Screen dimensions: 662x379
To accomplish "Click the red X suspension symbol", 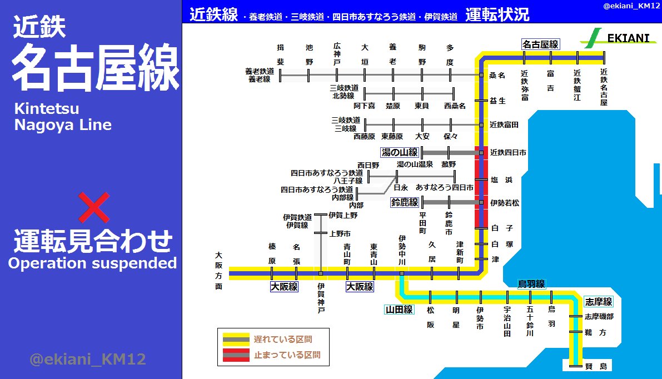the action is (x=93, y=207).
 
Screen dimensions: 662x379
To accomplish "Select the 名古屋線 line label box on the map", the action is (x=540, y=44).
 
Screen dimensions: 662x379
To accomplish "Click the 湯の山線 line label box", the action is (x=399, y=152).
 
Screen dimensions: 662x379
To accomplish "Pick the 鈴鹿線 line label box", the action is (x=405, y=203).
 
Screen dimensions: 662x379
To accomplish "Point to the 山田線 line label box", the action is (x=399, y=310).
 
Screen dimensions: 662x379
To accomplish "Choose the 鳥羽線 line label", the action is (x=531, y=283).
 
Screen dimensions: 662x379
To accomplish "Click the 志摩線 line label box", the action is (x=599, y=302).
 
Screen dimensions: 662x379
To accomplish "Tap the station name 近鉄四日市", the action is (x=508, y=152).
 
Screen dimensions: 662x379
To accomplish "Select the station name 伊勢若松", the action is (x=505, y=203).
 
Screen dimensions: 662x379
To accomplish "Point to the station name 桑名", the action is (x=497, y=74).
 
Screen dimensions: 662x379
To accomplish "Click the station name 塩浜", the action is (x=501, y=180).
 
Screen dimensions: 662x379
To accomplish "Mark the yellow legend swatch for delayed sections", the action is (x=236, y=338).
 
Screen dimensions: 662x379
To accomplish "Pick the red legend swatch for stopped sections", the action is (x=236, y=355).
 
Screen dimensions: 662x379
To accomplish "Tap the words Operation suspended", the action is (x=92, y=263).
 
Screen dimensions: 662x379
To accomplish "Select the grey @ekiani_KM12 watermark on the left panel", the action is (x=87, y=360).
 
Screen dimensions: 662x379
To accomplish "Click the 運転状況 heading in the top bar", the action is (x=497, y=14).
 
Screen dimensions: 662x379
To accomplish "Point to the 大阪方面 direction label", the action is (x=219, y=271).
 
